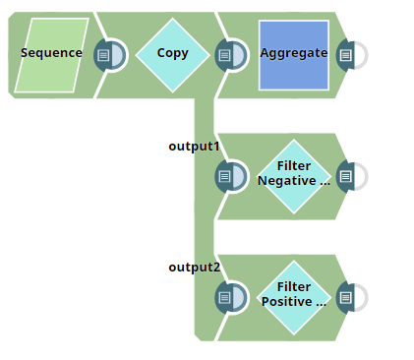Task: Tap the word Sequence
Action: [52, 53]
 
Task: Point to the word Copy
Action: [173, 53]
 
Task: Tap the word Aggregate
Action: [293, 53]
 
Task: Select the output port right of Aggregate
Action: [347, 55]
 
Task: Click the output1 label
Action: [194, 147]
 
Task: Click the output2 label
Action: [194, 268]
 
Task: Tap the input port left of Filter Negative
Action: [227, 176]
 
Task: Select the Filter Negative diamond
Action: [293, 175]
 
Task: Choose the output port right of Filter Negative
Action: [347, 176]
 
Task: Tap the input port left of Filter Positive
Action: [227, 297]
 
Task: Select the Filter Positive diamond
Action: [293, 296]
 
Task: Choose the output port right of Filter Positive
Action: [347, 297]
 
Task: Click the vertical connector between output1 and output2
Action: [204, 236]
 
